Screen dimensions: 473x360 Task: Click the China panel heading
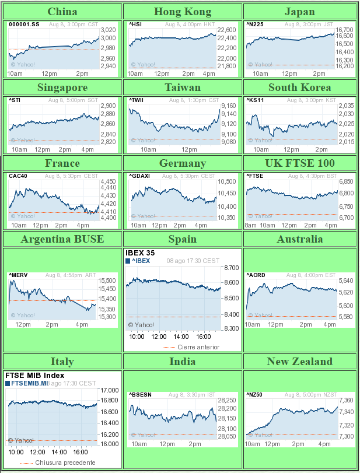(x=62, y=12)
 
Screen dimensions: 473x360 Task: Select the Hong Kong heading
(x=183, y=12)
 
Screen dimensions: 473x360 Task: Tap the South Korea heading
(x=299, y=87)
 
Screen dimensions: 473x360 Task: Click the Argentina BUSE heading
(x=62, y=239)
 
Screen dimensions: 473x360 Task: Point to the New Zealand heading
(x=299, y=362)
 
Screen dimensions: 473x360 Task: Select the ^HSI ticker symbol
(x=135, y=24)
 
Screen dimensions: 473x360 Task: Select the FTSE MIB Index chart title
(x=34, y=376)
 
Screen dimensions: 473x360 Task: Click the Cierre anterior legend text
(x=198, y=347)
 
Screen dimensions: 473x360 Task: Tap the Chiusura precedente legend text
(x=65, y=463)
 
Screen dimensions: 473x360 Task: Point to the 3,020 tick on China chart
(x=108, y=30)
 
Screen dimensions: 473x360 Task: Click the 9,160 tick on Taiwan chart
(x=229, y=106)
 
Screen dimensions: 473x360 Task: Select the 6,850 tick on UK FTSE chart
(x=346, y=181)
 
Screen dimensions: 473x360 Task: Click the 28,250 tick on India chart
(x=227, y=400)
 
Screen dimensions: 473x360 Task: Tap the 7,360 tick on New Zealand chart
(x=346, y=400)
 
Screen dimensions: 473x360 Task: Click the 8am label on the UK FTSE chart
(x=251, y=225)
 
